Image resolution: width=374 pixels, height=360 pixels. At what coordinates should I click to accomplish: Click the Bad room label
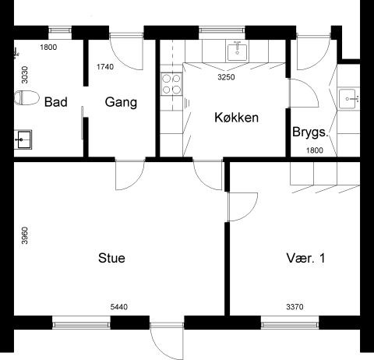pos(55,102)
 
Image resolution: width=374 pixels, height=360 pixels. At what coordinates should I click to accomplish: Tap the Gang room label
pos(121,102)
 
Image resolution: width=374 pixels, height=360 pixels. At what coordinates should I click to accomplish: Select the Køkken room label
pos(236,118)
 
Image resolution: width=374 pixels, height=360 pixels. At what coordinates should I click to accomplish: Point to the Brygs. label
pos(310,132)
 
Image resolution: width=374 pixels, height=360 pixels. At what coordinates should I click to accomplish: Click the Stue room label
pos(111,258)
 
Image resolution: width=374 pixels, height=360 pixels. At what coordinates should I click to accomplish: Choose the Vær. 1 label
pos(305,258)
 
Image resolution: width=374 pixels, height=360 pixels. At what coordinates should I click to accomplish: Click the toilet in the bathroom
pos(26,97)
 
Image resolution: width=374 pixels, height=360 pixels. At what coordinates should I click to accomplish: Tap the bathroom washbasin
pos(23,139)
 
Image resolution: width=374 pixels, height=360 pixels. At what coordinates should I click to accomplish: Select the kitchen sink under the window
pos(237,52)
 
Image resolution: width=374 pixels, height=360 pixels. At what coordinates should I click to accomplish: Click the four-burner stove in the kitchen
pos(171,83)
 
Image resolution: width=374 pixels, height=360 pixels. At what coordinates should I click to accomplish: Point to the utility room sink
pos(349,99)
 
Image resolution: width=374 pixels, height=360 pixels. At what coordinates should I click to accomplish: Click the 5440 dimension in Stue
pos(119,307)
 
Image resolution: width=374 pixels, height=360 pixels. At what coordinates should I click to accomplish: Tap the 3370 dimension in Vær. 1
pos(295,307)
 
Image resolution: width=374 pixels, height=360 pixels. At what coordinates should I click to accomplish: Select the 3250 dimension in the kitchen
pos(226,77)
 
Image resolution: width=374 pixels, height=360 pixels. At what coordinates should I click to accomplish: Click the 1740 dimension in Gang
pos(105,67)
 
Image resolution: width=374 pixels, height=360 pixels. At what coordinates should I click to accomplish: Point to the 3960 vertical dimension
pos(25,235)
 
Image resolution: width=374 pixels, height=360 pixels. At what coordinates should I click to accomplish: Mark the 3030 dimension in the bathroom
pos(25,75)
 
